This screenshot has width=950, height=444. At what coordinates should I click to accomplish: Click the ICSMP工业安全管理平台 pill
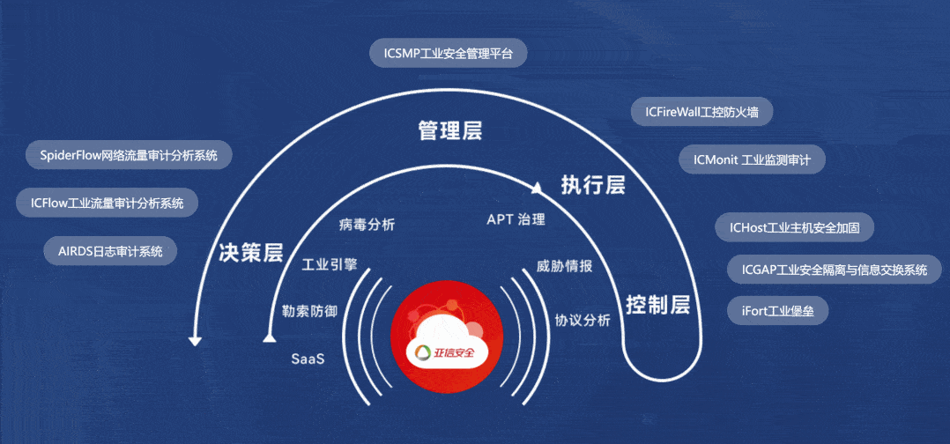click(x=449, y=54)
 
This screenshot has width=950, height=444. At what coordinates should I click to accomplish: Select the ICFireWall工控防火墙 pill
click(x=701, y=112)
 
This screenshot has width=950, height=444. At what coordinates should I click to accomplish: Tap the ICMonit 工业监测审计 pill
click(x=752, y=159)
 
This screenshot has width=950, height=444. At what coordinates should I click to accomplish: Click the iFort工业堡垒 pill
click(x=778, y=311)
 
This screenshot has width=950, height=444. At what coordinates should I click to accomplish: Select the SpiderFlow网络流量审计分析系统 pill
click(x=129, y=155)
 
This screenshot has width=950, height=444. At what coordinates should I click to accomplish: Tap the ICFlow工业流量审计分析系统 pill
click(x=107, y=203)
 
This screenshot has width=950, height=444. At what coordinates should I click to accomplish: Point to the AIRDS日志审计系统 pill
click(x=110, y=251)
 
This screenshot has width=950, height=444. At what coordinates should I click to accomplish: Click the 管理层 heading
click(x=450, y=131)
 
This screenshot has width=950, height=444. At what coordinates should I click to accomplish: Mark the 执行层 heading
click(x=592, y=185)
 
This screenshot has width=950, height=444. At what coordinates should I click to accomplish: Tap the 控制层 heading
click(x=658, y=305)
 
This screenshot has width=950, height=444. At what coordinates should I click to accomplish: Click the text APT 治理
click(x=516, y=219)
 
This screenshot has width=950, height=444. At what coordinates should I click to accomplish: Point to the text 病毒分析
click(x=367, y=226)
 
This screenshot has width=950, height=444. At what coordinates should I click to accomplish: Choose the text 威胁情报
click(x=564, y=267)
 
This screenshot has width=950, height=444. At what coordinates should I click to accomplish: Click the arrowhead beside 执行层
click(x=536, y=189)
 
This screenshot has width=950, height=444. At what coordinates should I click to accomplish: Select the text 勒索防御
click(x=310, y=311)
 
